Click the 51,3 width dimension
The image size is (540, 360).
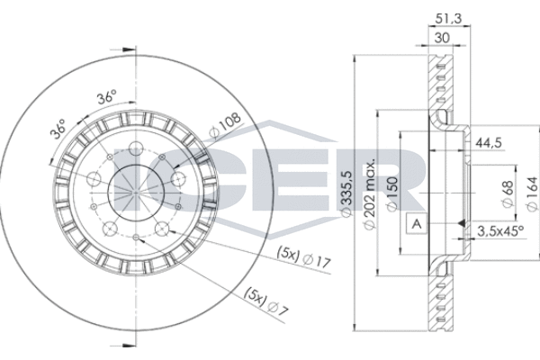(448, 19)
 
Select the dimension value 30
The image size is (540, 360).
(442, 38)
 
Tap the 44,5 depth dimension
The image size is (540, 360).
(489, 142)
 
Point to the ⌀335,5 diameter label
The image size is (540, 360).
(346, 193)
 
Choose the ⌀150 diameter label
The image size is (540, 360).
(392, 194)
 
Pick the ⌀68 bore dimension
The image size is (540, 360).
(508, 193)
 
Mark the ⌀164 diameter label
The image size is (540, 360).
(532, 193)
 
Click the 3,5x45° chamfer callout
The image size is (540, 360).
(500, 231)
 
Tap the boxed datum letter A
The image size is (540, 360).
(417, 224)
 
